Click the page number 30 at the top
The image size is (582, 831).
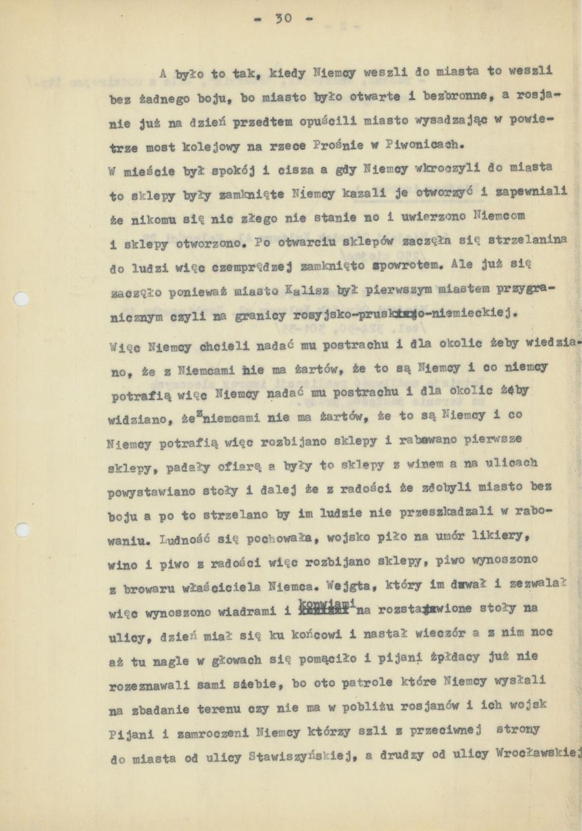coord(284,19)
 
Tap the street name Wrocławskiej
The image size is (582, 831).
coord(538,752)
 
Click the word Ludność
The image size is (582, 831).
coord(183,539)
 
